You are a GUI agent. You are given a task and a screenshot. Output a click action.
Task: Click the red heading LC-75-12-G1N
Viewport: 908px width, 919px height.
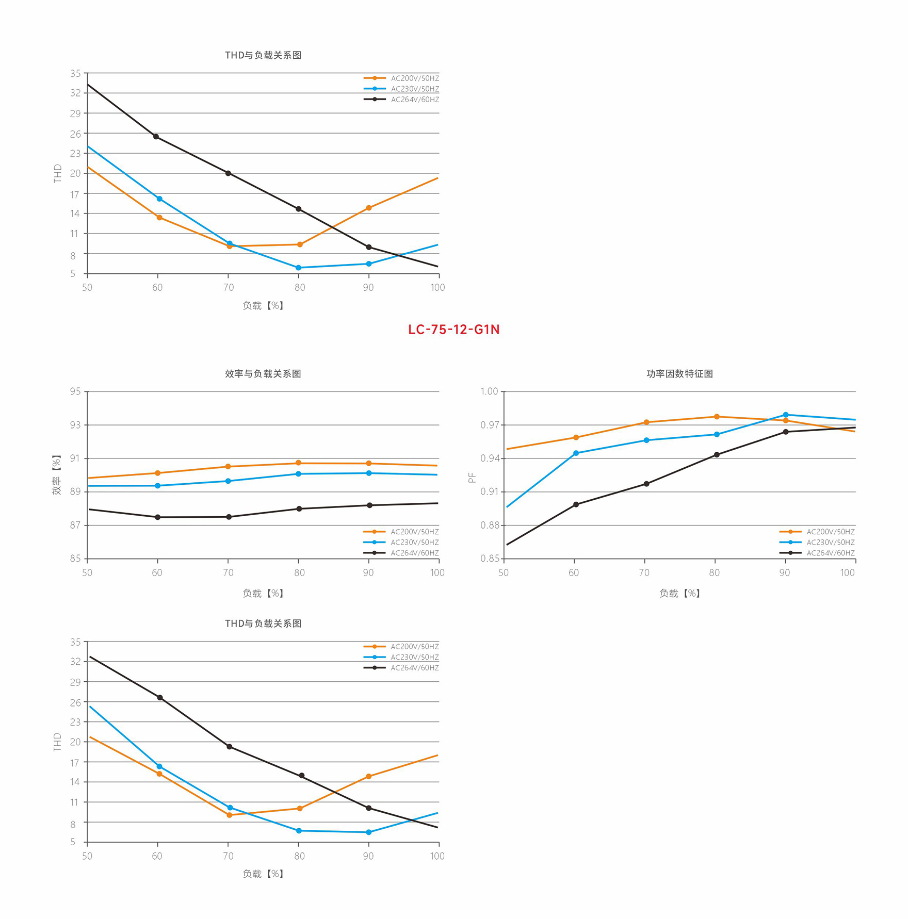(453, 330)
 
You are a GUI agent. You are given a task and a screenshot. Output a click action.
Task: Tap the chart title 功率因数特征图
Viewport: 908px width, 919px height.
(679, 374)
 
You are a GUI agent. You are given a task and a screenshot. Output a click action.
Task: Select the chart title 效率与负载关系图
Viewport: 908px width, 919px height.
(263, 374)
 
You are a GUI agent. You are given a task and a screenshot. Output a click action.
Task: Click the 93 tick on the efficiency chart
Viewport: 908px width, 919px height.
(75, 425)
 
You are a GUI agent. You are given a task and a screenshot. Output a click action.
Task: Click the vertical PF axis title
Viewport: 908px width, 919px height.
(472, 478)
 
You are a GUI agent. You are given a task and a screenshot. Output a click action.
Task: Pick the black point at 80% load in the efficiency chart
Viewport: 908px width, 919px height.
(299, 509)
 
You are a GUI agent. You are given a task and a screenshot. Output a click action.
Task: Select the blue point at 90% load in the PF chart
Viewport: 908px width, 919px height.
(786, 415)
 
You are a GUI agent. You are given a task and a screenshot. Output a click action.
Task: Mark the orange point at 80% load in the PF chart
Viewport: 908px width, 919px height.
(717, 417)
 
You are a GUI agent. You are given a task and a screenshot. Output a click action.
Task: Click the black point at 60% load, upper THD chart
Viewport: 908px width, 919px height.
(156, 137)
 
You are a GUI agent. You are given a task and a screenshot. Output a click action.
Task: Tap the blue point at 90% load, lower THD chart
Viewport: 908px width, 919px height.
(368, 832)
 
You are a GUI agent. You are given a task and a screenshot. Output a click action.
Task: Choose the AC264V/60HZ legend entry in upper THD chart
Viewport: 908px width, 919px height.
(415, 100)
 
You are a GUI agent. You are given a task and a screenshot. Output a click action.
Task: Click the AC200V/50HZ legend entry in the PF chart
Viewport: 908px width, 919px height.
(830, 532)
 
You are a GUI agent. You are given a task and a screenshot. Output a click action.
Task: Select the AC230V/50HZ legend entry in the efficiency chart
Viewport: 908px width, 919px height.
(414, 543)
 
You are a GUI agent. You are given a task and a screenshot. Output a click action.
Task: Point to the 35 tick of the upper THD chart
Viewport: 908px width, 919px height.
(75, 74)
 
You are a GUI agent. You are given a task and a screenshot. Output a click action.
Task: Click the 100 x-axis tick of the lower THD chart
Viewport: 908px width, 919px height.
(437, 856)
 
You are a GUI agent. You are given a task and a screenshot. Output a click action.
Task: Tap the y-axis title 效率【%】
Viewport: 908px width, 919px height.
(56, 475)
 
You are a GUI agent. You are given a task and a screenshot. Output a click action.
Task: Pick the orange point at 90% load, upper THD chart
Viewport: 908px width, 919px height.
(368, 208)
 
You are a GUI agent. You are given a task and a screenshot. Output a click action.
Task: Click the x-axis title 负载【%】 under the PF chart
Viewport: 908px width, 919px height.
(679, 594)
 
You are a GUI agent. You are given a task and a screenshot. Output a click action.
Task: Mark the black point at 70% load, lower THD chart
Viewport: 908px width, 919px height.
(229, 747)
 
